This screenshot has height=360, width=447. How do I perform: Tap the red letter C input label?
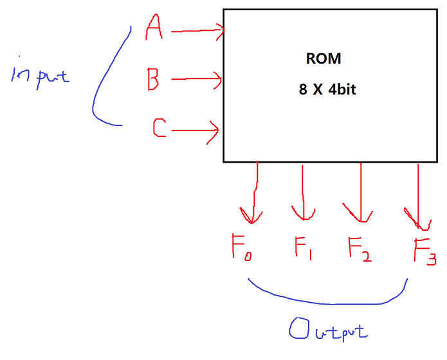[160, 129]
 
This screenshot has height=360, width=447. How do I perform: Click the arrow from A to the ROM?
[197, 30]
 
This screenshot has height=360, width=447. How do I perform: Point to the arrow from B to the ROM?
[197, 80]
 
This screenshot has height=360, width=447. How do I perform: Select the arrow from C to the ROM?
[196, 132]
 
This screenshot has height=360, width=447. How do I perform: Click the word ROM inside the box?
[323, 59]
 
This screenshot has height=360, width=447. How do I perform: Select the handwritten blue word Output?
[328, 331]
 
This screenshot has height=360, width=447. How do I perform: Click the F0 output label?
[241, 248]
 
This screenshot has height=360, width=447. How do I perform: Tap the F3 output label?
[424, 251]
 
